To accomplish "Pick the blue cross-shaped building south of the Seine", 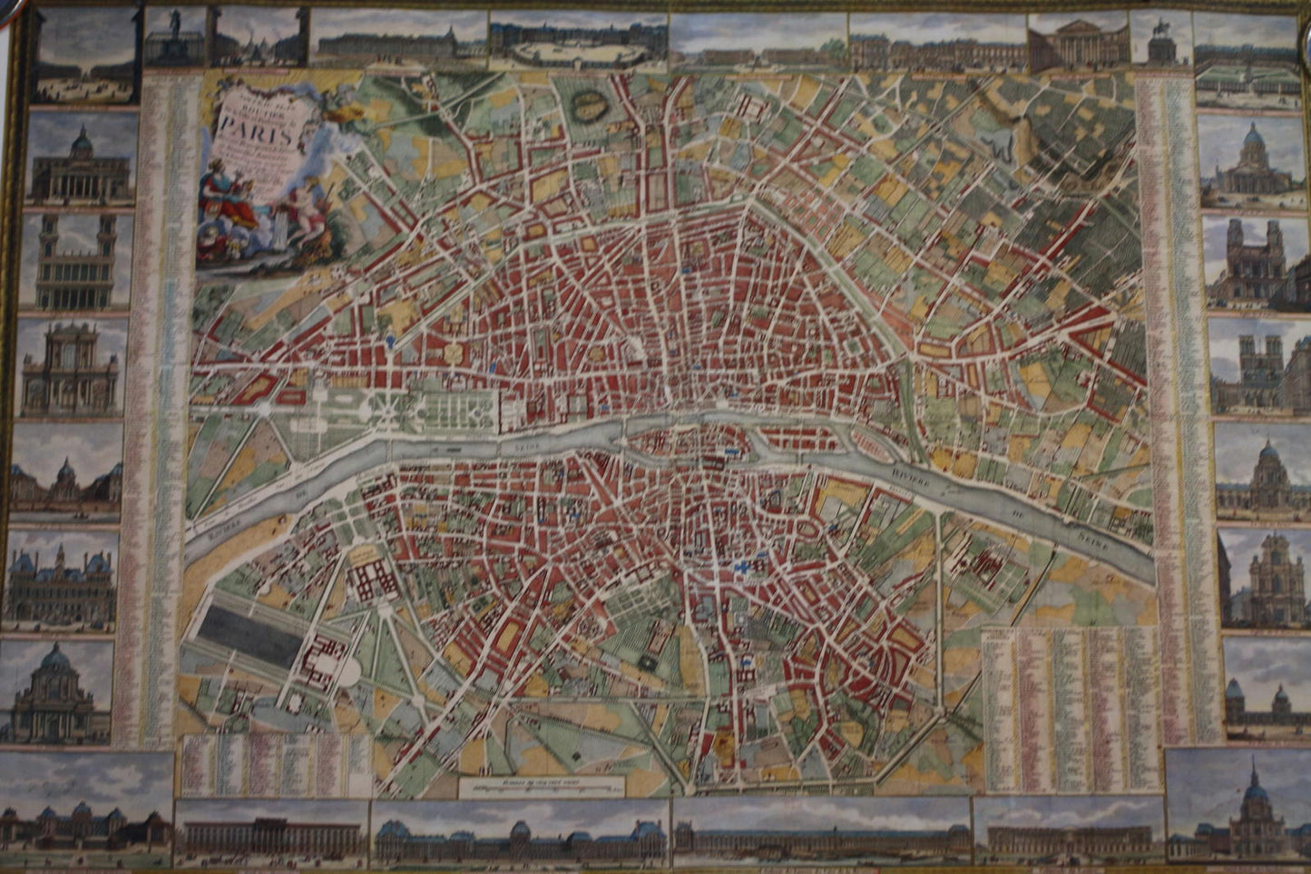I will [x=744, y=566].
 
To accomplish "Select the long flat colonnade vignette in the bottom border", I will [x=270, y=832].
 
